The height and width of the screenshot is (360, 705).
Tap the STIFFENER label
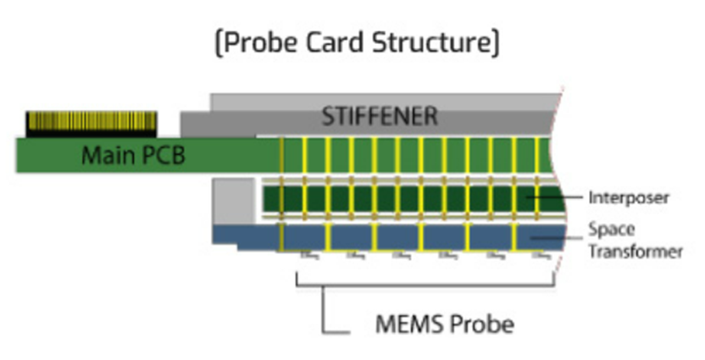pyautogui.click(x=380, y=116)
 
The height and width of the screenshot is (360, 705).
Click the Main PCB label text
pyautogui.click(x=133, y=156)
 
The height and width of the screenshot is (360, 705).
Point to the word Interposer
pyautogui.click(x=629, y=198)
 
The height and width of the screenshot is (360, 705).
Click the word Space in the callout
pyautogui.click(x=612, y=229)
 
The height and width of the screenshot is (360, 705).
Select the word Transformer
pyautogui.click(x=636, y=251)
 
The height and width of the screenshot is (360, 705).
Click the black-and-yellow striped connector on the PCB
pyautogui.click(x=92, y=124)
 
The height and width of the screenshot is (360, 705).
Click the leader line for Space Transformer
pyautogui.click(x=555, y=238)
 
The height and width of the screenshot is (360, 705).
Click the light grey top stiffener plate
pyautogui.click(x=381, y=101)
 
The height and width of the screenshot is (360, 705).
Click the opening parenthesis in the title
pyautogui.click(x=219, y=42)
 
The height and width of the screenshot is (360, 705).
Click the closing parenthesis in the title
pyautogui.click(x=494, y=42)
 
